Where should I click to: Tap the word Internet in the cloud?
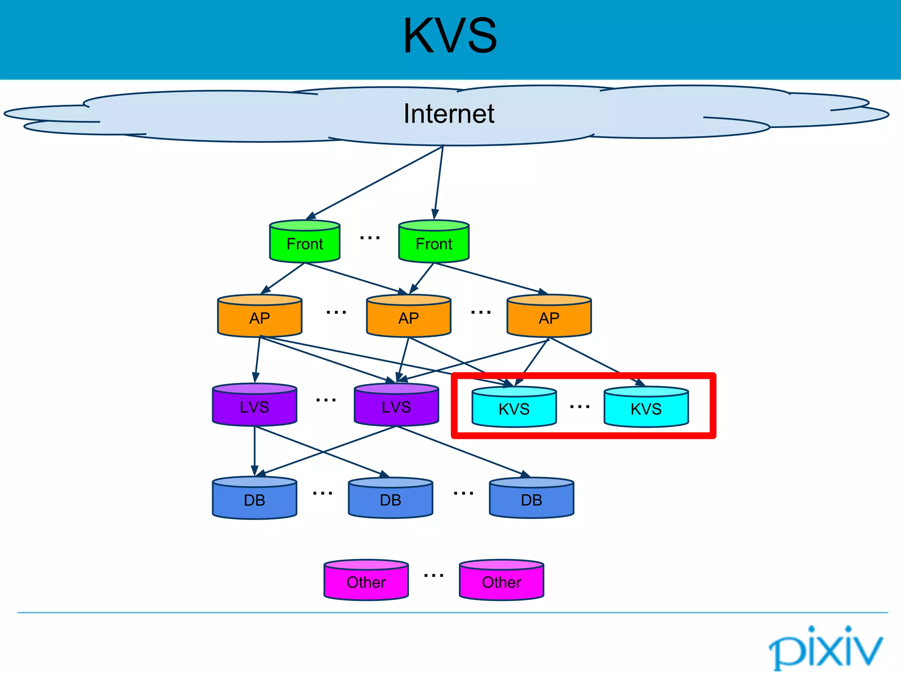click(449, 114)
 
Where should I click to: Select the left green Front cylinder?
click(304, 242)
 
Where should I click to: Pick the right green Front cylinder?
click(434, 242)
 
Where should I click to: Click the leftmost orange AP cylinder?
click(260, 316)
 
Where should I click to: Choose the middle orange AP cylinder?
click(409, 316)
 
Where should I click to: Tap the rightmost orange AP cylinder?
click(549, 316)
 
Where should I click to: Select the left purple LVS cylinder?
click(254, 405)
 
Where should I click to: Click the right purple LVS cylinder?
click(396, 405)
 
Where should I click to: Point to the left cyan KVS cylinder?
click(514, 408)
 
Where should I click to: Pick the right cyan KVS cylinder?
click(646, 408)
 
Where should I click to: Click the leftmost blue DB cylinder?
click(254, 498)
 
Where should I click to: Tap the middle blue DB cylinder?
click(390, 498)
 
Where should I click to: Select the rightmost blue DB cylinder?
click(531, 498)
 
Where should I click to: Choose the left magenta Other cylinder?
click(366, 580)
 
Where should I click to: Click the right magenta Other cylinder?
click(502, 580)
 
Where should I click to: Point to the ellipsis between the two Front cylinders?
click(370, 238)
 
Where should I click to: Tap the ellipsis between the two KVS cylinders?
click(579, 407)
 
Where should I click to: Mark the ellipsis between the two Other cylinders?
click(434, 575)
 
